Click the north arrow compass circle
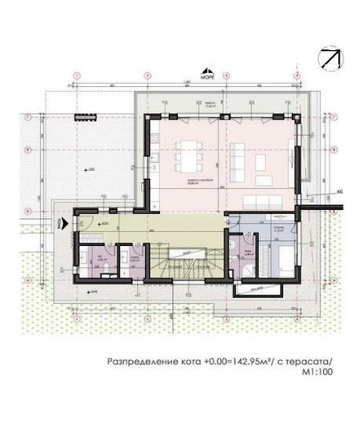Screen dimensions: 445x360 [x=329, y=58]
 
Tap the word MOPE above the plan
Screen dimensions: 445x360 [x=207, y=78]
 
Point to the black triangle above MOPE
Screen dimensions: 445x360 [x=207, y=71]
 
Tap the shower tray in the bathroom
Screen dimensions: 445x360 [x=245, y=268]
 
